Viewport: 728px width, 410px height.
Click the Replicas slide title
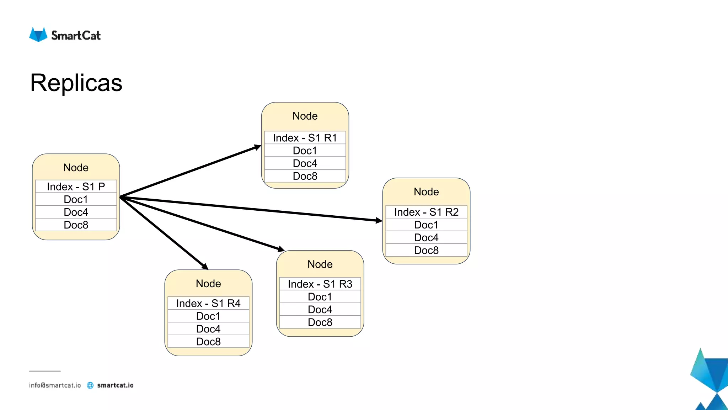76,83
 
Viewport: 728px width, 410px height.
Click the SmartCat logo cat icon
38,35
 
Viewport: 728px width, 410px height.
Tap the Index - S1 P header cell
76,186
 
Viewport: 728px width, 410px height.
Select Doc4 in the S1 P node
76,212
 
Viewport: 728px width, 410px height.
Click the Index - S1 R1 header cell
305,138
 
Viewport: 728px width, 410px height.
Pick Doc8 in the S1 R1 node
305,176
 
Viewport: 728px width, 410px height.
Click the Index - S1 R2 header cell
426,212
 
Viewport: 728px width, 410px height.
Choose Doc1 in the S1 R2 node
426,225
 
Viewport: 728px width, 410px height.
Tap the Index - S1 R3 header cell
320,284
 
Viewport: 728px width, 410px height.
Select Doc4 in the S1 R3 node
320,310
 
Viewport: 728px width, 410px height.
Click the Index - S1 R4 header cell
208,303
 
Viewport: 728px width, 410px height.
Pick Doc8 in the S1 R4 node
208,342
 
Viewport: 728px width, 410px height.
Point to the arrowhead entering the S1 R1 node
258,147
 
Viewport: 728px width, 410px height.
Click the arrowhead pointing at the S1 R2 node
379,221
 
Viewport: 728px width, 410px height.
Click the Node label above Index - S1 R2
426,192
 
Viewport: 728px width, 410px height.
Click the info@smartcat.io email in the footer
55,385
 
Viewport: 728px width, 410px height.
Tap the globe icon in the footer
90,385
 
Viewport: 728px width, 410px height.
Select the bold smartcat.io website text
115,385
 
